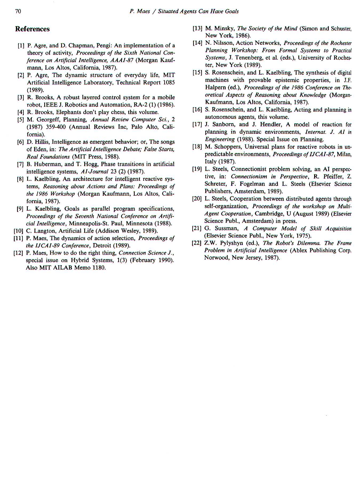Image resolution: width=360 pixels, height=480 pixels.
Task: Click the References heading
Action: coord(32,29)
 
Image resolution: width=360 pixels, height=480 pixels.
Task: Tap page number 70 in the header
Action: coord(18,11)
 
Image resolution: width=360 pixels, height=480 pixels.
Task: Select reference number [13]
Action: coord(198,29)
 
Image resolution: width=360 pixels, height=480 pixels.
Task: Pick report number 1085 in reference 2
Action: coord(169,82)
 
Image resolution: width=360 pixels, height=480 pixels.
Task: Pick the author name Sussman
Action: coord(226,229)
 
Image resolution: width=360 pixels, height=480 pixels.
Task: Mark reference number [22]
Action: coord(197,243)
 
